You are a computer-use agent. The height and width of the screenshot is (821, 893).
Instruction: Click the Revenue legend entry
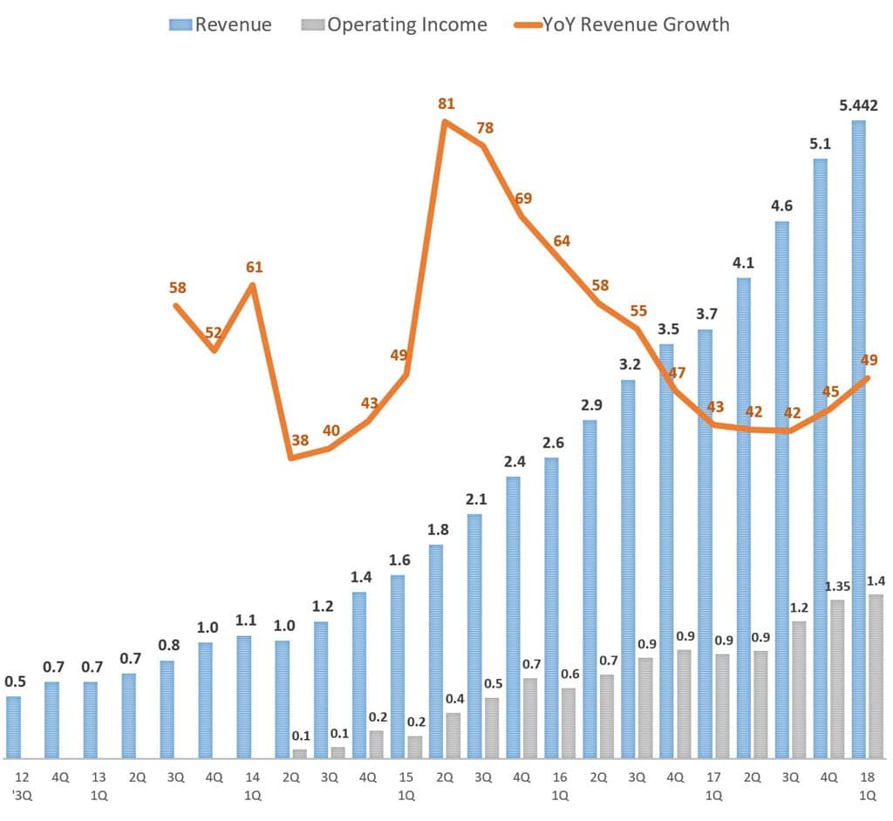tap(221, 24)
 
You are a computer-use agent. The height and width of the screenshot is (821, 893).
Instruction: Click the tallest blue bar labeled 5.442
tap(859, 436)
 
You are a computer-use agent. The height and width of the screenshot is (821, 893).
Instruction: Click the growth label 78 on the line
tap(485, 128)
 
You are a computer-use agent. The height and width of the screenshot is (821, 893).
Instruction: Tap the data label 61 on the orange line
tap(254, 267)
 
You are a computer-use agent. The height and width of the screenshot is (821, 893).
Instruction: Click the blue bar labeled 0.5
tap(13, 727)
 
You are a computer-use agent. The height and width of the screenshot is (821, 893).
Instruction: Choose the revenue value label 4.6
tap(782, 206)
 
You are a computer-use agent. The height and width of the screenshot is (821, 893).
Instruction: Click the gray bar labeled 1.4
tap(876, 676)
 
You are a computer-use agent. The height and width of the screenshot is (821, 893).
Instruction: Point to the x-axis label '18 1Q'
tap(868, 785)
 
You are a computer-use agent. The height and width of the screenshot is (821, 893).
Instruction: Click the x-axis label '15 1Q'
tap(406, 785)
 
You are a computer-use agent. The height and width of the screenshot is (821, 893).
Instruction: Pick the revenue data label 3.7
tap(706, 314)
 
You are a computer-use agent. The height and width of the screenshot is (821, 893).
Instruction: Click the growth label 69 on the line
tap(523, 199)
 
